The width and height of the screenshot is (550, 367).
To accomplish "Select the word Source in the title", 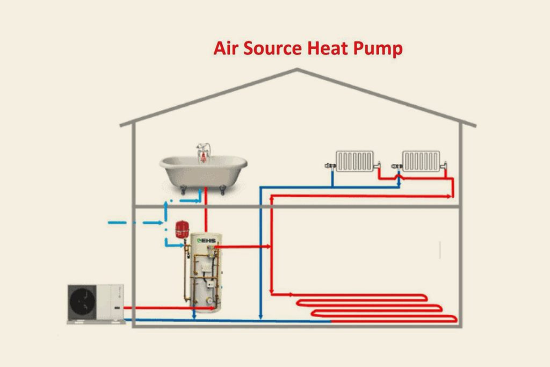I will (x=271, y=48).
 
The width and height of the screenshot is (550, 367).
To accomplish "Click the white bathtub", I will (x=204, y=171).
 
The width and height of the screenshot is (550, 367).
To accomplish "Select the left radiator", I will (x=354, y=161).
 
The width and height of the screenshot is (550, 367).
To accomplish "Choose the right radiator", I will (x=421, y=161).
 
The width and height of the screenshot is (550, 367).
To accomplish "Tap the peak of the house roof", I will (x=297, y=70).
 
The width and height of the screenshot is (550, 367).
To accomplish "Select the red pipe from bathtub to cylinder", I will (x=206, y=210).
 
